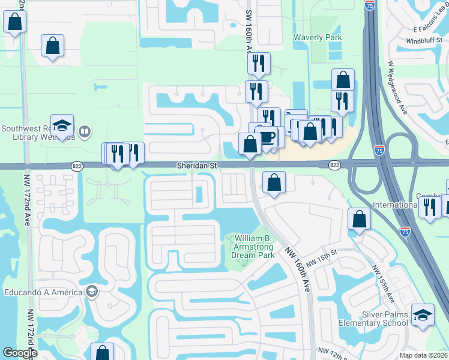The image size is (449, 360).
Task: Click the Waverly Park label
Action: [318, 37]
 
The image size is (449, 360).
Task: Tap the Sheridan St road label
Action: [196, 164]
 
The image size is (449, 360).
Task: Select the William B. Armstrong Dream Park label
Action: [253, 246]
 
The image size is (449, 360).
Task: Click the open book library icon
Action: [85, 131]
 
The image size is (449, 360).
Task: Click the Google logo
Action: [20, 353]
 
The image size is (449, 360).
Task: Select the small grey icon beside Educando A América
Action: [92, 292]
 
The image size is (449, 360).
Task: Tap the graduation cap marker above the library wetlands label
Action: [62, 125]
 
